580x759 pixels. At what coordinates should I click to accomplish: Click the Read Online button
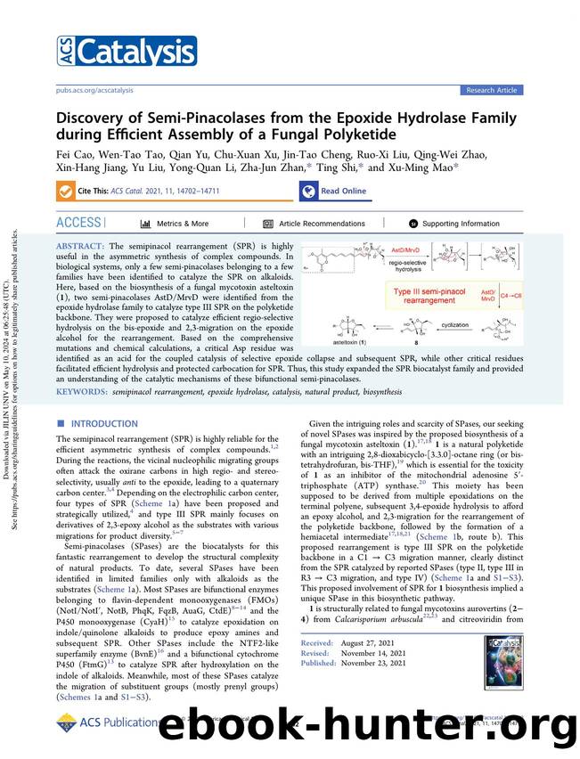(x=333, y=191)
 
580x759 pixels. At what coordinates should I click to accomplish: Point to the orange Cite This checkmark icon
(x=66, y=191)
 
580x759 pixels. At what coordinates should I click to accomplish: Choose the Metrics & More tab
(x=176, y=224)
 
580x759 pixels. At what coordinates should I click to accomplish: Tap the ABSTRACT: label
(x=80, y=245)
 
